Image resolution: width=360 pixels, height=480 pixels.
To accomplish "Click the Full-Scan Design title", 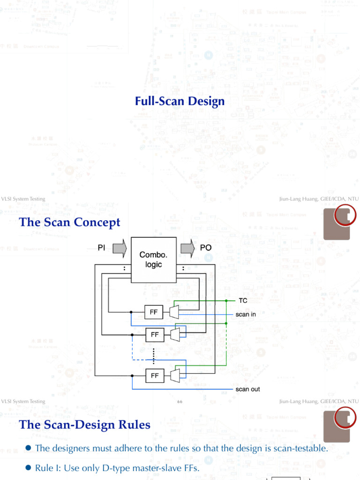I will tap(180, 101).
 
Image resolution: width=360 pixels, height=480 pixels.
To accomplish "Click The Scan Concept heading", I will tap(69, 222).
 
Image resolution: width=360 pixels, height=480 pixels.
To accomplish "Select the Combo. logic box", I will tap(153, 260).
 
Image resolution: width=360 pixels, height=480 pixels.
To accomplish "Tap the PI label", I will tap(102, 247).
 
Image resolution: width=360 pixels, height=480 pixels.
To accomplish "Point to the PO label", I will tap(206, 247).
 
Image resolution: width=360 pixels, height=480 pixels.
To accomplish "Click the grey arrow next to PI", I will tap(120, 247).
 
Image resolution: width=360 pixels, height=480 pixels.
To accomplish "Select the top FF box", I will tap(154, 312).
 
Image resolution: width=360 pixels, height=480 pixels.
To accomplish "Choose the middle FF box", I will tap(155, 335).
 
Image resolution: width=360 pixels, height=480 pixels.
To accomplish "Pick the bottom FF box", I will tap(155, 375).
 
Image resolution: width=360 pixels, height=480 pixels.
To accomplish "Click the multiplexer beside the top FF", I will tap(174, 312).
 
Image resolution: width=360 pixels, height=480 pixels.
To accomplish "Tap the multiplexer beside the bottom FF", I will tap(175, 375).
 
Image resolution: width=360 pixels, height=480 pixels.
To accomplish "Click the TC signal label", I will tap(243, 300).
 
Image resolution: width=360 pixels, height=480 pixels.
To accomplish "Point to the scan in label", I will tap(246, 315).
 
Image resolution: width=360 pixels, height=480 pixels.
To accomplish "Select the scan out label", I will tap(247, 389).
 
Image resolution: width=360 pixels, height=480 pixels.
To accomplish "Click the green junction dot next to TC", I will tap(226, 300).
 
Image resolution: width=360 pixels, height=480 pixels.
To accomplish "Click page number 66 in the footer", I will tap(180, 402).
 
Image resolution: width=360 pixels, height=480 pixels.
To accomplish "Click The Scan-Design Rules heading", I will tap(84, 425).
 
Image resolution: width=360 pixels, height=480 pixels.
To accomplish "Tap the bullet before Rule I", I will tap(28, 468).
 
